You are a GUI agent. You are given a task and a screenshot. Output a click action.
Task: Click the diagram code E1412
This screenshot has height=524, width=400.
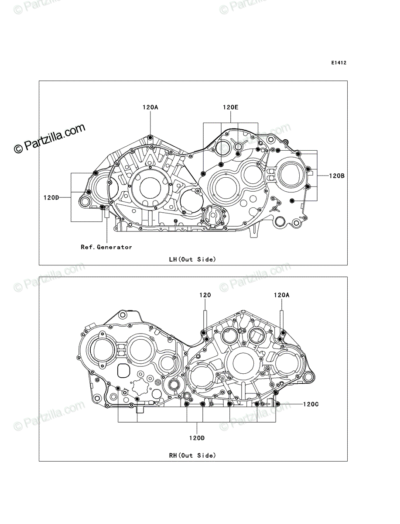[338, 63]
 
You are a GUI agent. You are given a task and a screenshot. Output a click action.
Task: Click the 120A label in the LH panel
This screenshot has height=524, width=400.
[150, 107]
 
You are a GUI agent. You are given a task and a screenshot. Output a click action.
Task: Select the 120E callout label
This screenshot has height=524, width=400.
[230, 107]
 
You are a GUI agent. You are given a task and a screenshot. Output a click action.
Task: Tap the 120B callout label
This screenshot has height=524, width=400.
[337, 176]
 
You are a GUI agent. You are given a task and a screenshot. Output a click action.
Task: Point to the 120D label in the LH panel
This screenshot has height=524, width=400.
[51, 197]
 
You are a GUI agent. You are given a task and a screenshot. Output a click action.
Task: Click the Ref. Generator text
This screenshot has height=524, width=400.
[106, 247]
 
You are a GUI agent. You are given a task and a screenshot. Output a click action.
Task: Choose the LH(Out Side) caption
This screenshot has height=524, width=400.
[192, 259]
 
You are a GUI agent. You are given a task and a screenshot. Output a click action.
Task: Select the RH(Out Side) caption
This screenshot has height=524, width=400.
[192, 455]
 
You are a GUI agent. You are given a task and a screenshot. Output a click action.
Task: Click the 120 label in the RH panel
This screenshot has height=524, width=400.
[205, 295]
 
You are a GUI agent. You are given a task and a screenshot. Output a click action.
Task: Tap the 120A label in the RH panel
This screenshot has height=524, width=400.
[281, 295]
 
